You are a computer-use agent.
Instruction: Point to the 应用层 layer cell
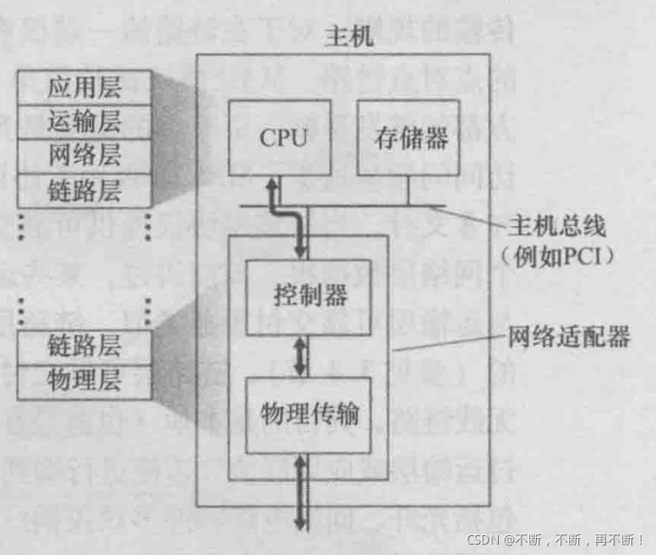pyautogui.click(x=84, y=90)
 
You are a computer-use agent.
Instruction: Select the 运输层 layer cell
pyautogui.click(x=84, y=122)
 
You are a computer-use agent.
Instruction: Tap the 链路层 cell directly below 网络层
pyautogui.click(x=84, y=188)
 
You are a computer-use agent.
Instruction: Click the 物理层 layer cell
pyautogui.click(x=84, y=379)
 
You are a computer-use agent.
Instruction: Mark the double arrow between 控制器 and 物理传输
pyautogui.click(x=302, y=355)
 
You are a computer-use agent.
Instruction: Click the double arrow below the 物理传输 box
pyautogui.click(x=302, y=492)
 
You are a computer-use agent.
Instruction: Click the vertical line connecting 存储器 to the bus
pyautogui.click(x=408, y=191)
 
